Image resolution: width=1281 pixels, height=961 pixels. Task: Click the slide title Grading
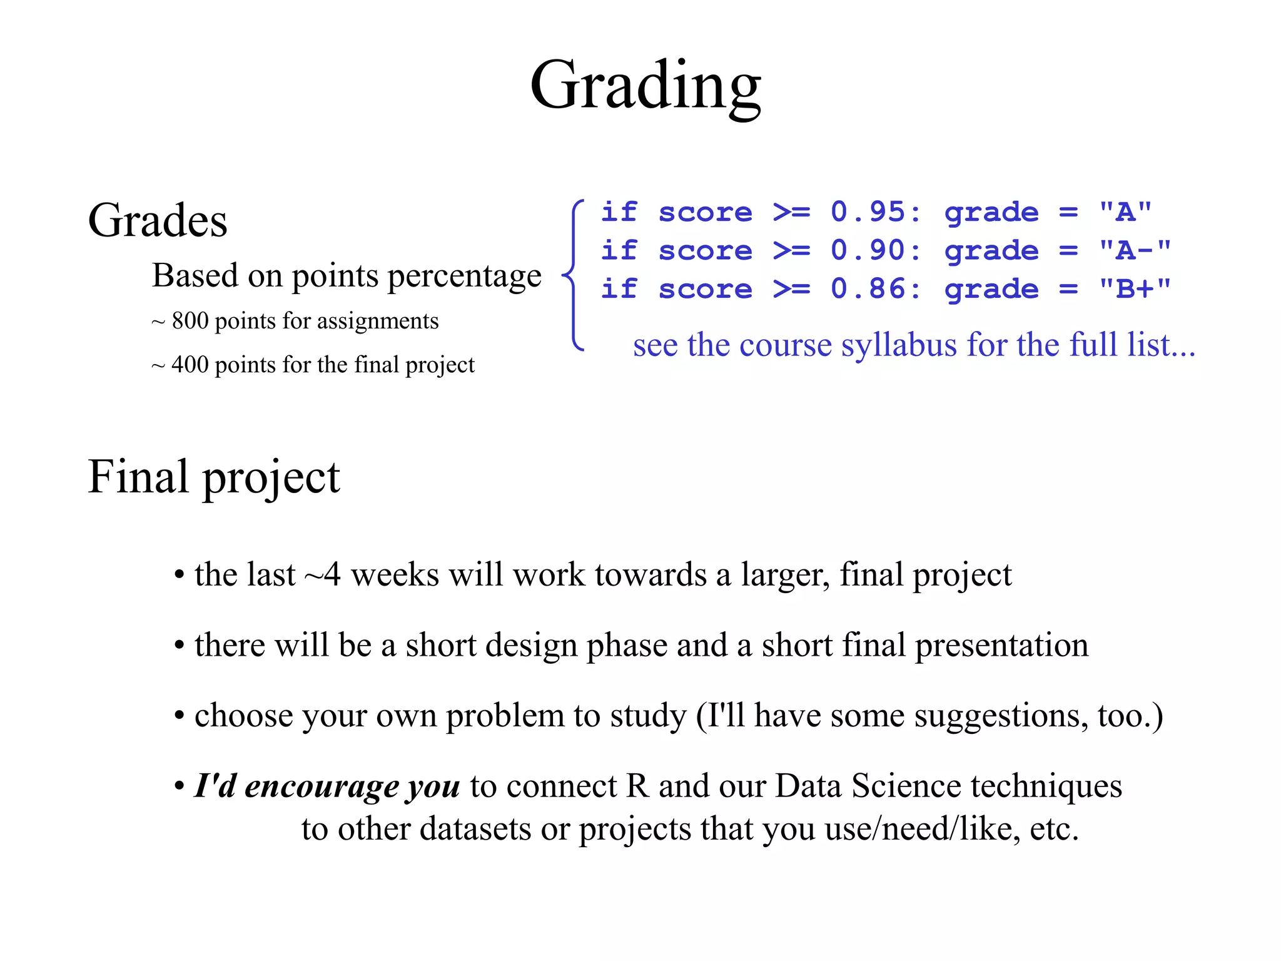[645, 86]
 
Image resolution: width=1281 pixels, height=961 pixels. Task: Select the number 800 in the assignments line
[190, 321]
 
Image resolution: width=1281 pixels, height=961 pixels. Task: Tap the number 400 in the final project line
[190, 365]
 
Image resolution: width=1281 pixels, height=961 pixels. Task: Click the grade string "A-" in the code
[1135, 250]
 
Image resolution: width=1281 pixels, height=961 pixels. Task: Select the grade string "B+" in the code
[1135, 289]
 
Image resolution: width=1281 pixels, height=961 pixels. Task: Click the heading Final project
[214, 477]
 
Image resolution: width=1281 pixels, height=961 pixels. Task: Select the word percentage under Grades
[464, 276]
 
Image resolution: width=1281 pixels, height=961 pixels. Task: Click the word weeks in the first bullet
[395, 574]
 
